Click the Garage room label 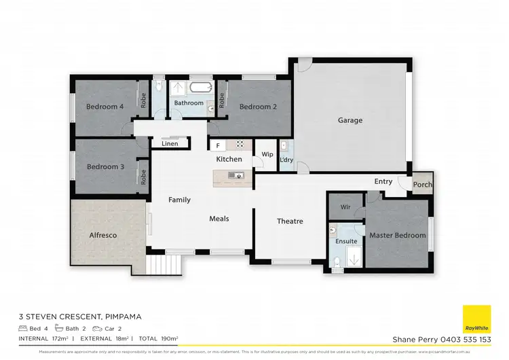coord(350,120)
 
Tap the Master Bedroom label coord(397,236)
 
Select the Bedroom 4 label coord(105,107)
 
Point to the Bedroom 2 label coord(258,107)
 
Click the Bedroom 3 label coord(105,166)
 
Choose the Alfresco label coord(103,235)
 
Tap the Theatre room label coord(290,221)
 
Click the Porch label coord(423,185)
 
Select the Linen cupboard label coord(170,144)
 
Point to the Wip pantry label coord(267,155)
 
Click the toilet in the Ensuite coord(336,261)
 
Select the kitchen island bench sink coord(236,177)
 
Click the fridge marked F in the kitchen coord(218,145)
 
